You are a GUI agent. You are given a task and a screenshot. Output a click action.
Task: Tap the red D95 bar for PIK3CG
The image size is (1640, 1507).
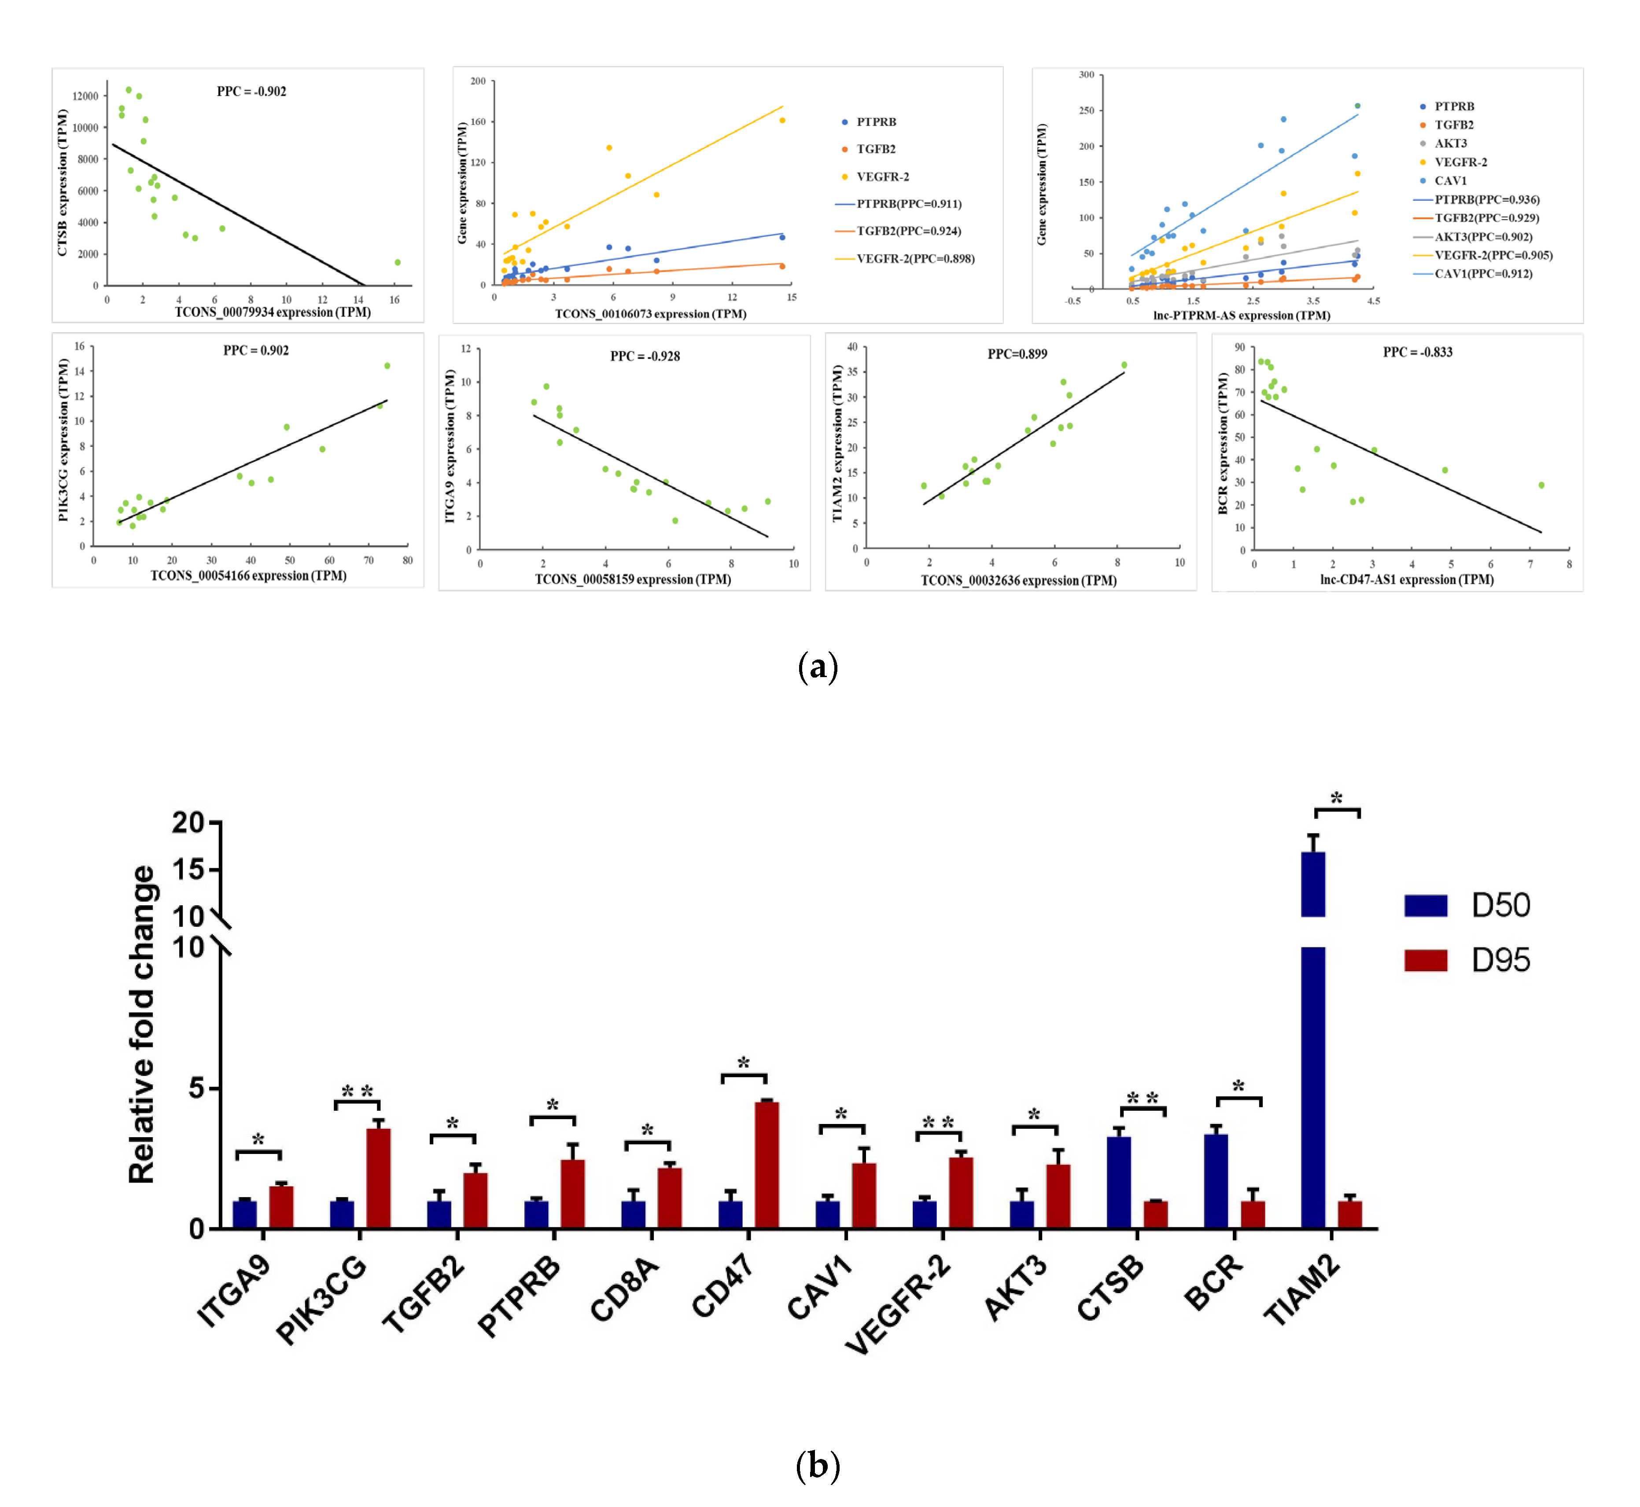378,1179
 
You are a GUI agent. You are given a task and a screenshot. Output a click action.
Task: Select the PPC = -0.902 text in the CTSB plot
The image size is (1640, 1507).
251,91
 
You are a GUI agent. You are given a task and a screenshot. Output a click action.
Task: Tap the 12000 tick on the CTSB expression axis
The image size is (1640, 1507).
85,96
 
